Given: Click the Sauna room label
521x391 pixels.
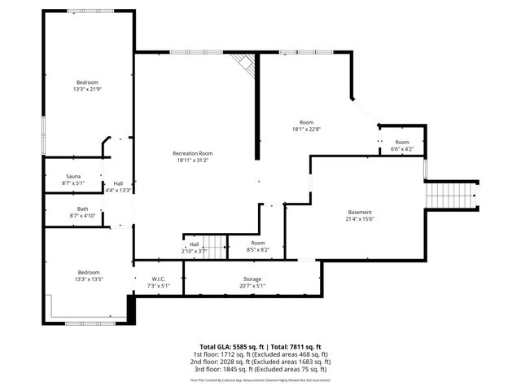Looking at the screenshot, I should [72, 177].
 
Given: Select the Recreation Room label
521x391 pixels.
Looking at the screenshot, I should [193, 154].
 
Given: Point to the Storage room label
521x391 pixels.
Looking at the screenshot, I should [252, 279].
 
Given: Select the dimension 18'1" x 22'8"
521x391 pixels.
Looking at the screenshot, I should [306, 128].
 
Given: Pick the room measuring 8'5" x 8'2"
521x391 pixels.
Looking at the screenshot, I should [258, 247].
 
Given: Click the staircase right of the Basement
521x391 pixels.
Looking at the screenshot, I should [450, 195].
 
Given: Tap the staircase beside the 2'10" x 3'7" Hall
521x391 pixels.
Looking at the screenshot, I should [214, 244].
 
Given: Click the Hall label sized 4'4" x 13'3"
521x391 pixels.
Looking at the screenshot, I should [118, 187].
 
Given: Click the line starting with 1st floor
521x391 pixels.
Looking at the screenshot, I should [260, 354].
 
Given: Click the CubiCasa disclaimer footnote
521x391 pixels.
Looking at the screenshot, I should [260, 380].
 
